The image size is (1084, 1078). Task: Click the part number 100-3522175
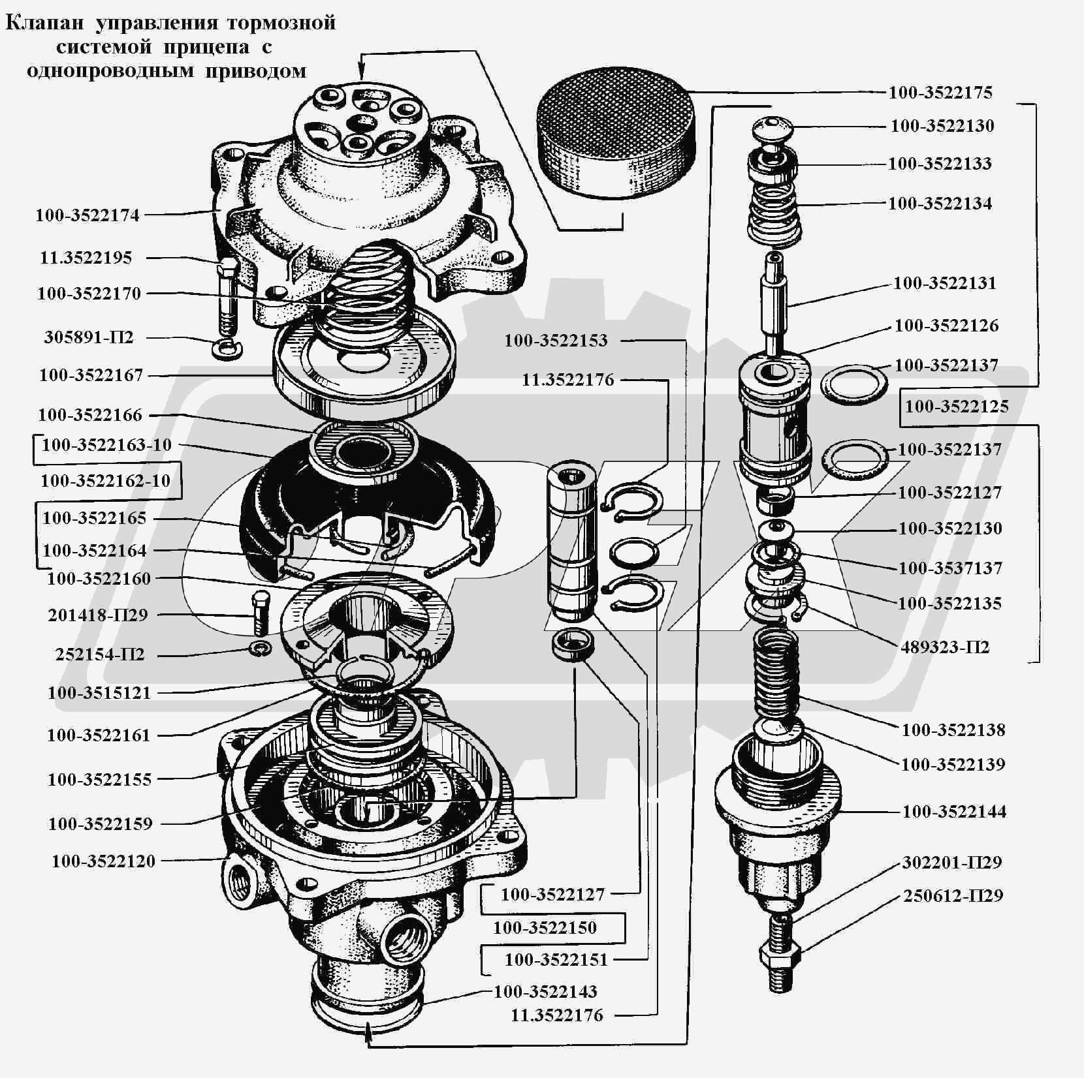pyautogui.click(x=940, y=93)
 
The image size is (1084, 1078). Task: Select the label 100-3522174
pyautogui.click(x=88, y=215)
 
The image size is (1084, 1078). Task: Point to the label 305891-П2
pyautogui.click(x=89, y=337)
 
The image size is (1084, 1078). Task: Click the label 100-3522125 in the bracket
pyautogui.click(x=957, y=407)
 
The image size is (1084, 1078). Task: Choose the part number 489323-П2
pyautogui.click(x=945, y=647)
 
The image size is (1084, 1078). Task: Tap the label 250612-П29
pyautogui.click(x=953, y=896)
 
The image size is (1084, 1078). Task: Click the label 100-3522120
pyautogui.click(x=104, y=861)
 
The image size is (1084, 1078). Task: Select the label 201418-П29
pyautogui.click(x=98, y=615)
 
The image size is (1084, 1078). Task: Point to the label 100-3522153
pyautogui.click(x=556, y=341)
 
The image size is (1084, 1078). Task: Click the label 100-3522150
pyautogui.click(x=545, y=928)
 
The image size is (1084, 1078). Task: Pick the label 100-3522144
pyautogui.click(x=954, y=812)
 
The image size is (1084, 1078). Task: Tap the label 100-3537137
pyautogui.click(x=950, y=568)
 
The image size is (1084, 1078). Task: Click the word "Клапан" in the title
pyautogui.click(x=45, y=23)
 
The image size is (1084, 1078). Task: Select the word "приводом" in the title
pyautogui.click(x=256, y=70)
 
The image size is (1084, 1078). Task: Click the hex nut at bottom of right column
pyautogui.click(x=779, y=957)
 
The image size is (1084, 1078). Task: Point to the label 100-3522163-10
pyautogui.click(x=106, y=445)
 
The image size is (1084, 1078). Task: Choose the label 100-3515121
pyautogui.click(x=99, y=693)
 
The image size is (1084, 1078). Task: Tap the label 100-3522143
pyautogui.click(x=545, y=992)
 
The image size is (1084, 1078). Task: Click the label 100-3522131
pyautogui.click(x=945, y=283)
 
